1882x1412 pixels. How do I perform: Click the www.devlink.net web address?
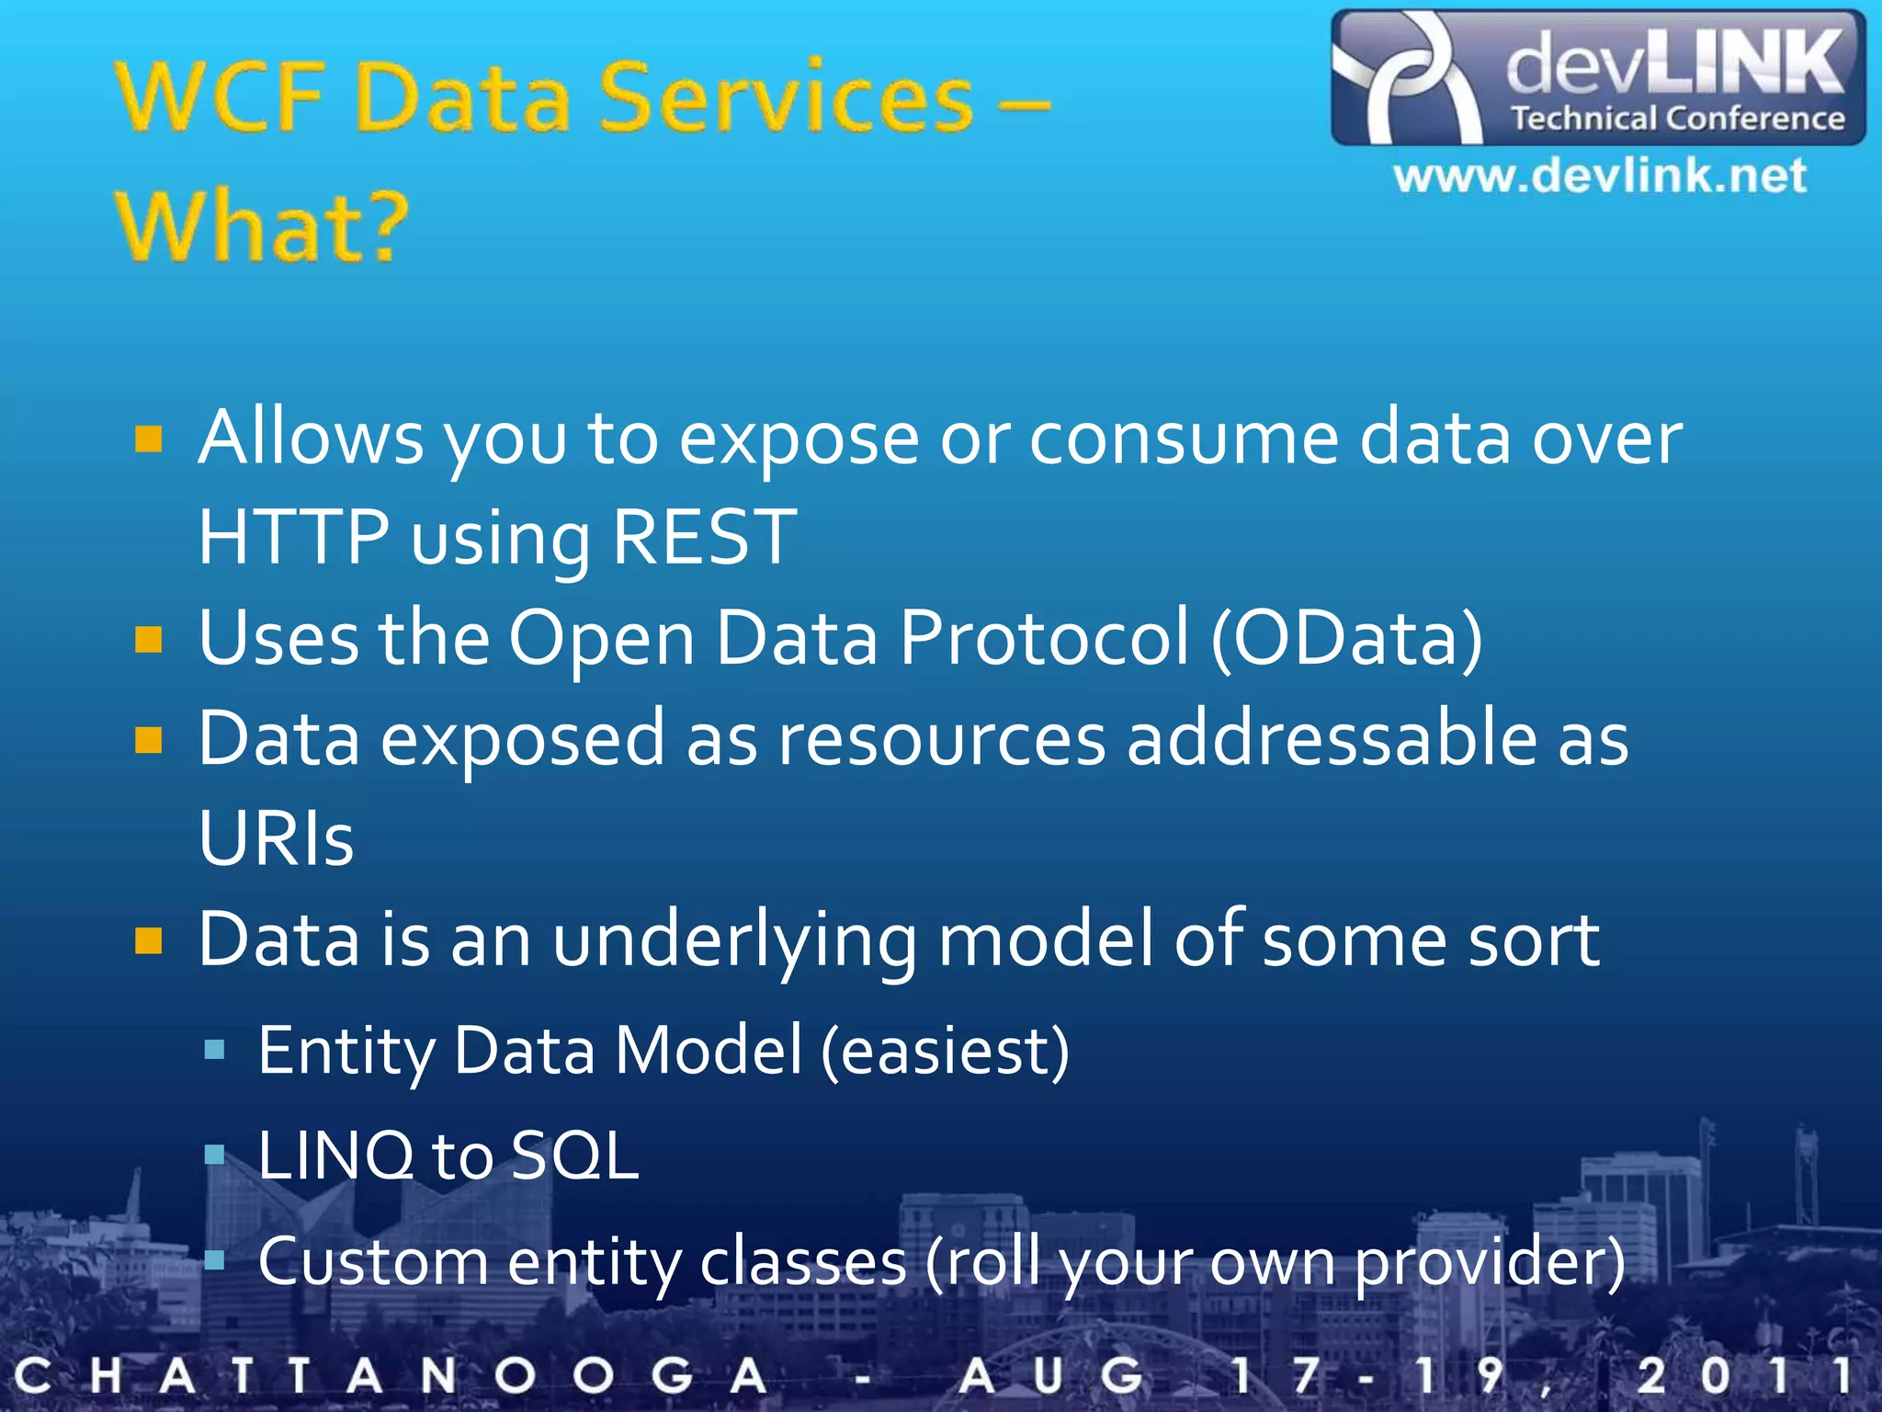(1599, 176)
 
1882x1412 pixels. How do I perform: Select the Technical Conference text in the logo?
(1678, 119)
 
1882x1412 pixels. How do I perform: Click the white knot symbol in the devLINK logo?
(1406, 78)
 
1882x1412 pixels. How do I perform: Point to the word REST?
(704, 537)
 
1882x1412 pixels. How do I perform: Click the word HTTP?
(293, 537)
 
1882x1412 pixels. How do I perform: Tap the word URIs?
(276, 838)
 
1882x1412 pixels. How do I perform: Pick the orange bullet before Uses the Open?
(148, 639)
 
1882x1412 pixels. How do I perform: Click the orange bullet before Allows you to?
(148, 439)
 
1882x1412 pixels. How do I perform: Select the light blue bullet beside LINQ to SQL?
(214, 1155)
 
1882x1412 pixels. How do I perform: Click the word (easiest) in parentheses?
(945, 1051)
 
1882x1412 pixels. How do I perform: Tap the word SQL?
(574, 1156)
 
